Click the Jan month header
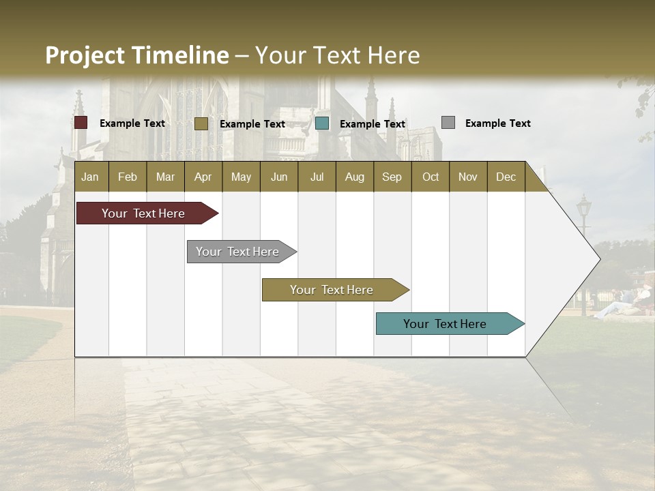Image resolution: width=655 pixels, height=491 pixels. point(91,177)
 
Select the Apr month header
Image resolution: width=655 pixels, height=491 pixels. point(203,177)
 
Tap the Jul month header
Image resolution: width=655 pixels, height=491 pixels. point(317,177)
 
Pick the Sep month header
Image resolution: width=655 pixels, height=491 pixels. point(392,177)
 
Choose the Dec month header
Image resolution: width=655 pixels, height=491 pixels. point(506,177)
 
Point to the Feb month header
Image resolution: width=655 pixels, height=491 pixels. point(128,177)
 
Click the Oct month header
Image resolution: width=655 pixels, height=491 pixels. point(431,177)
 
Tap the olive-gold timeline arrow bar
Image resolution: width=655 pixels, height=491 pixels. point(334,290)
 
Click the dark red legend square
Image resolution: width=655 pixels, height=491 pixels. point(81,123)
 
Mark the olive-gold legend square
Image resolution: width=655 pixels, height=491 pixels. point(201,123)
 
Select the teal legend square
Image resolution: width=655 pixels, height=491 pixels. point(322,123)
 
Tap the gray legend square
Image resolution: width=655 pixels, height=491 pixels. point(448,123)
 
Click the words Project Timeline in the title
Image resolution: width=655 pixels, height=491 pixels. point(137,55)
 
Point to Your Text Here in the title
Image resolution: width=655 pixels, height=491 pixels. point(337,55)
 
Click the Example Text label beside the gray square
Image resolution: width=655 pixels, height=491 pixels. point(497,123)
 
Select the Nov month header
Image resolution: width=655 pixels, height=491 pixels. point(468,177)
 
